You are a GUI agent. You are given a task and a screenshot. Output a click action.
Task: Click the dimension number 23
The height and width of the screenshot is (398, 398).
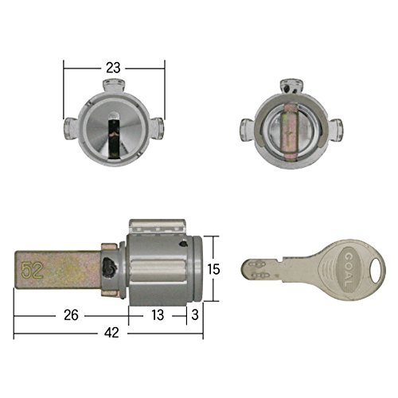point(113,68)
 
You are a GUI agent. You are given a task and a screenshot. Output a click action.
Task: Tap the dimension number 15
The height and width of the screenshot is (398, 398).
point(213,269)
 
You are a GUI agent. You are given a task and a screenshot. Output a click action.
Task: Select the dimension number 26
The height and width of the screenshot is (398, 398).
point(71,315)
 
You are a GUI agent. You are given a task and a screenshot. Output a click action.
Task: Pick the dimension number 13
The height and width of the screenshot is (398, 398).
point(158,315)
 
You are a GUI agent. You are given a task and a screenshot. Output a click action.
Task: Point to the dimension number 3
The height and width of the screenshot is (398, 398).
point(195,315)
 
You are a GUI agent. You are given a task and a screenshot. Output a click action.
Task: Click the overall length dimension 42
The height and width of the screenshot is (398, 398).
point(111,333)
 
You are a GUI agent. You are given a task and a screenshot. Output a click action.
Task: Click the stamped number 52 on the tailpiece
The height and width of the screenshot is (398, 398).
point(32,271)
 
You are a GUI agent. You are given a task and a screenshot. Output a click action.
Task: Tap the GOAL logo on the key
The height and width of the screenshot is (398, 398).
point(348,270)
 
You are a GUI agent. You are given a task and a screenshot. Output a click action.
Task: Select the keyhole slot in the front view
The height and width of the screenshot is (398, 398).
point(114,137)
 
